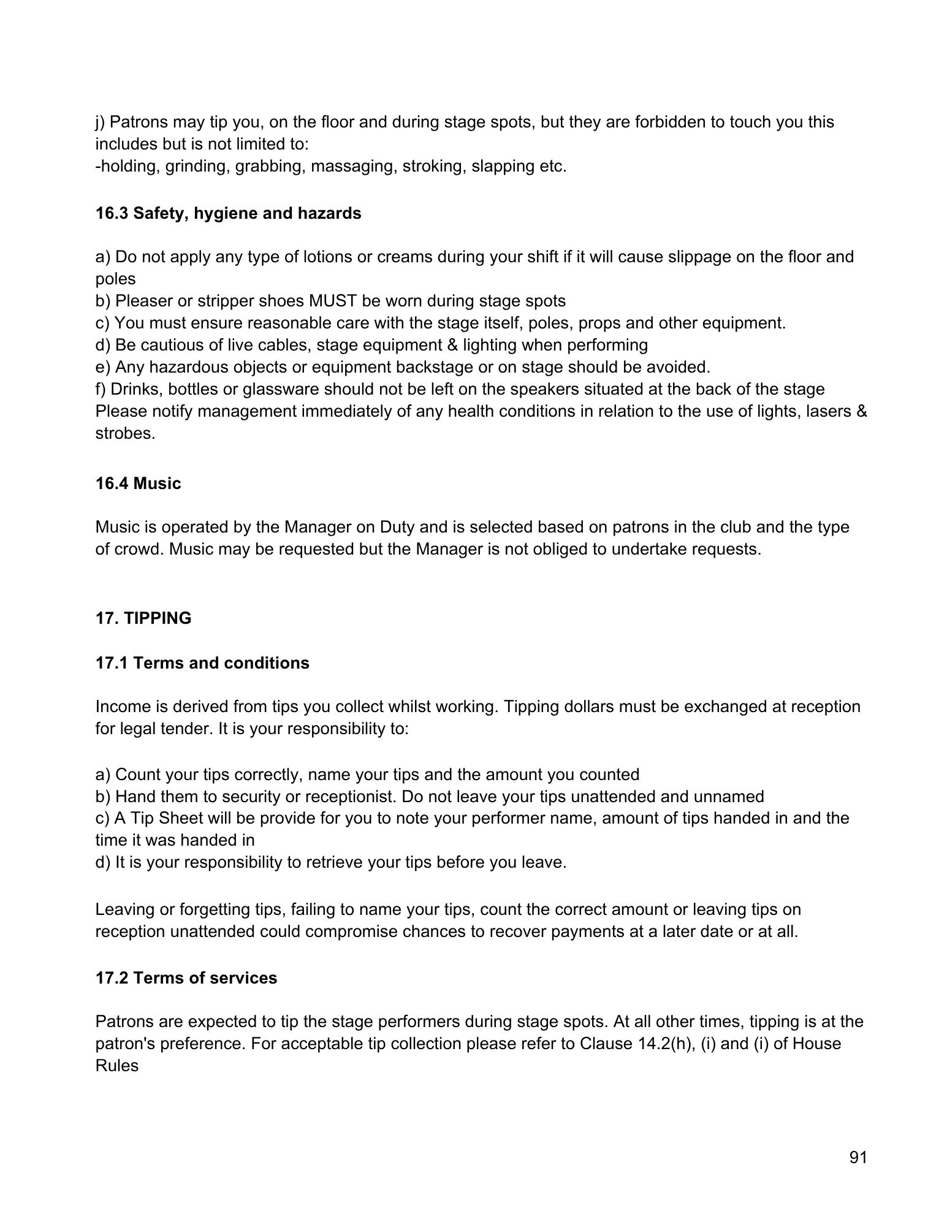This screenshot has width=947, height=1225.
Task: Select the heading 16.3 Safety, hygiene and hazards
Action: pyautogui.click(x=228, y=213)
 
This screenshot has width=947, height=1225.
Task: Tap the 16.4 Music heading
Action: pyautogui.click(x=138, y=484)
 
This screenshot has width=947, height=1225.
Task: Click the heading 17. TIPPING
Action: pyautogui.click(x=143, y=618)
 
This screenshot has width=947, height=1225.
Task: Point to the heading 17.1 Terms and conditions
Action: pyautogui.click(x=202, y=663)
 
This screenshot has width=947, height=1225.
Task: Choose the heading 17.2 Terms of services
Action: pyautogui.click(x=186, y=977)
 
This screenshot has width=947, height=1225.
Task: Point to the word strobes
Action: pyautogui.click(x=125, y=433)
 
